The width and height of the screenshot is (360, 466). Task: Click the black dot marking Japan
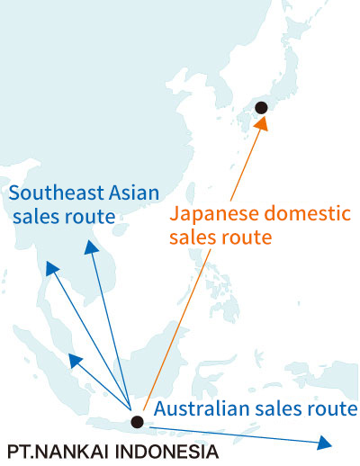(x=261, y=108)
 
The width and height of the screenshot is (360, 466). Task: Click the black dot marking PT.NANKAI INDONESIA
(x=137, y=422)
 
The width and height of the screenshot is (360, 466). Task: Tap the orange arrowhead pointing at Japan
(x=262, y=123)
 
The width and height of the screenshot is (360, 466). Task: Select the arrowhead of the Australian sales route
(x=324, y=443)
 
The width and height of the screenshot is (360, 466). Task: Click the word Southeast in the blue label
(x=57, y=193)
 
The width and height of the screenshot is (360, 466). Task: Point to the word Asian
(x=134, y=193)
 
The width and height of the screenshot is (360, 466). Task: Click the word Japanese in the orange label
(x=214, y=215)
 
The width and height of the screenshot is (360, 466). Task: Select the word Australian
(x=202, y=408)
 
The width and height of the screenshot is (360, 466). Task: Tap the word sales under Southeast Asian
(x=33, y=217)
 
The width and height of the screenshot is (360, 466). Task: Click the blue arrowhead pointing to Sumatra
(x=75, y=361)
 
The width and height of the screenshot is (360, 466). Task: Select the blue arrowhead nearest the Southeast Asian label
(x=91, y=247)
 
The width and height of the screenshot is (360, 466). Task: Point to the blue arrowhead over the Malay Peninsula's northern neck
(x=52, y=268)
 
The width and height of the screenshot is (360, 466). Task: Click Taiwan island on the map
(x=190, y=193)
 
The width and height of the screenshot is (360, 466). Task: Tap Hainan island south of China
(x=120, y=229)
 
